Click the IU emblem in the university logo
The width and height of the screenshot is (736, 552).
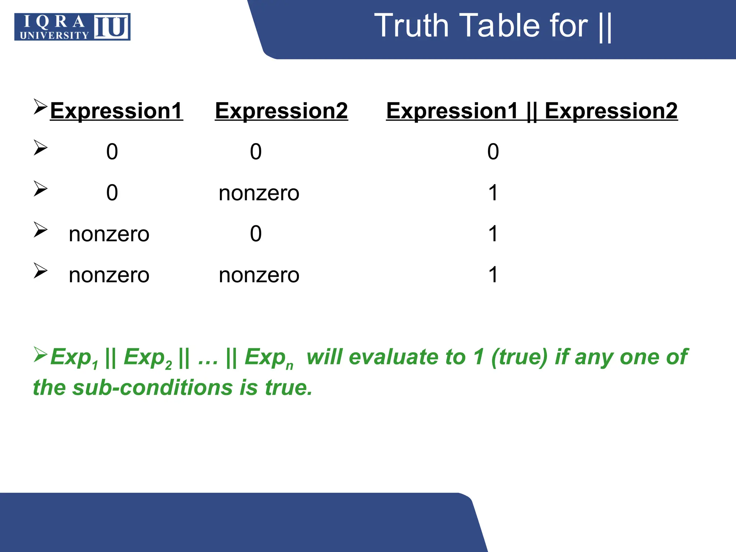111,27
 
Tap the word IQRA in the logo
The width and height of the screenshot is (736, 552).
54,22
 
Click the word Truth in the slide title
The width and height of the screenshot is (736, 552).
411,26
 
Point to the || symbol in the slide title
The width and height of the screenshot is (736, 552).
606,27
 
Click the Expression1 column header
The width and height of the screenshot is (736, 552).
116,110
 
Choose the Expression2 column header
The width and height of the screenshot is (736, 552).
281,110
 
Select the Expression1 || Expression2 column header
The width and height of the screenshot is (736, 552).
532,110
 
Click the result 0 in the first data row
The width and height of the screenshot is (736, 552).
493,151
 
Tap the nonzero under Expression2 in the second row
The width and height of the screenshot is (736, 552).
259,193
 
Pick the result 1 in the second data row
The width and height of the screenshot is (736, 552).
493,193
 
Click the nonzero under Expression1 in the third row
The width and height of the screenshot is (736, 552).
109,234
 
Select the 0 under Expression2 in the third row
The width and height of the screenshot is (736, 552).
256,234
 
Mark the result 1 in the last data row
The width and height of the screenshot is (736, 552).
493,275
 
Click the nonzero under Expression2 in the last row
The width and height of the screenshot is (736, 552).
259,275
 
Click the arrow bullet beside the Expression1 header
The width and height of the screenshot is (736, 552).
40,107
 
